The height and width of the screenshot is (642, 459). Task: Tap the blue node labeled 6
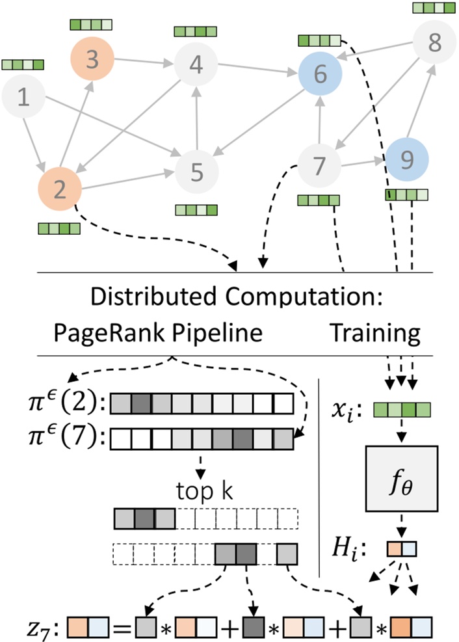pyautogui.click(x=321, y=75)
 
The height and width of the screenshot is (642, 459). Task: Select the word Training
pyautogui.click(x=376, y=333)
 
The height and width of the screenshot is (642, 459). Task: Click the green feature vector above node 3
pyautogui.click(x=91, y=25)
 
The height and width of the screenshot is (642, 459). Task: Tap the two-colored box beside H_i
pyautogui.click(x=401, y=549)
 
